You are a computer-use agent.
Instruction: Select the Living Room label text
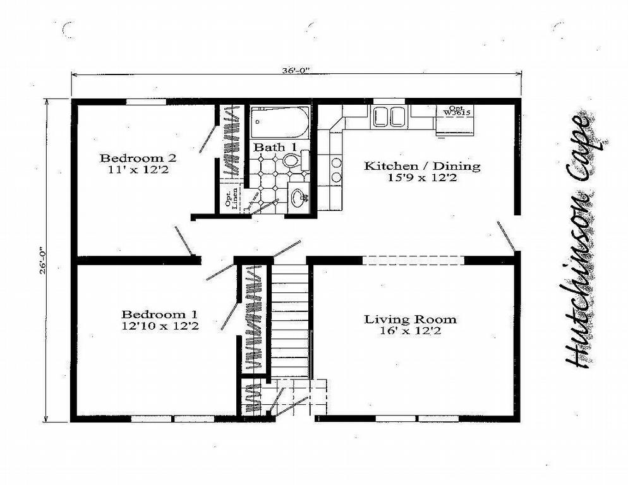[409, 319]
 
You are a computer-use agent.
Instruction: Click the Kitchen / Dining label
[422, 166]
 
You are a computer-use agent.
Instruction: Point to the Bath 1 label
[275, 147]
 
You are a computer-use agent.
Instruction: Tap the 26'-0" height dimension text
[44, 260]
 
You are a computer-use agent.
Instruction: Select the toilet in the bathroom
[292, 160]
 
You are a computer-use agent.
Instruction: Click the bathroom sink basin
[299, 197]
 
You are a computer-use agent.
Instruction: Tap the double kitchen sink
[389, 117]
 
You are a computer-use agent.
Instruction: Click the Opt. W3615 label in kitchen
[456, 111]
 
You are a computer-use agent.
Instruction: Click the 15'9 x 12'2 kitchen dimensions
[422, 179]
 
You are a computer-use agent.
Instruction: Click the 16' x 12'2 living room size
[409, 331]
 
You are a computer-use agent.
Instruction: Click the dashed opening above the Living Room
[414, 260]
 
